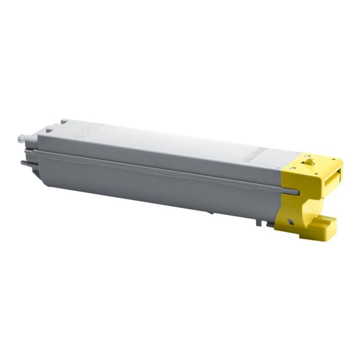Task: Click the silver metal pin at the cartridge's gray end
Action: click(22, 138)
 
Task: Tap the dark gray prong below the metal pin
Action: click(25, 163)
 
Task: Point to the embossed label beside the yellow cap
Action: click(254, 156)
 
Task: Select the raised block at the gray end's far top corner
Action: click(63, 121)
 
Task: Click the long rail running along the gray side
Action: click(154, 167)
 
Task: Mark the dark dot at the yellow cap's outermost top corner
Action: click(340, 161)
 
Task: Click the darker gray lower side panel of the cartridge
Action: click(154, 188)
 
